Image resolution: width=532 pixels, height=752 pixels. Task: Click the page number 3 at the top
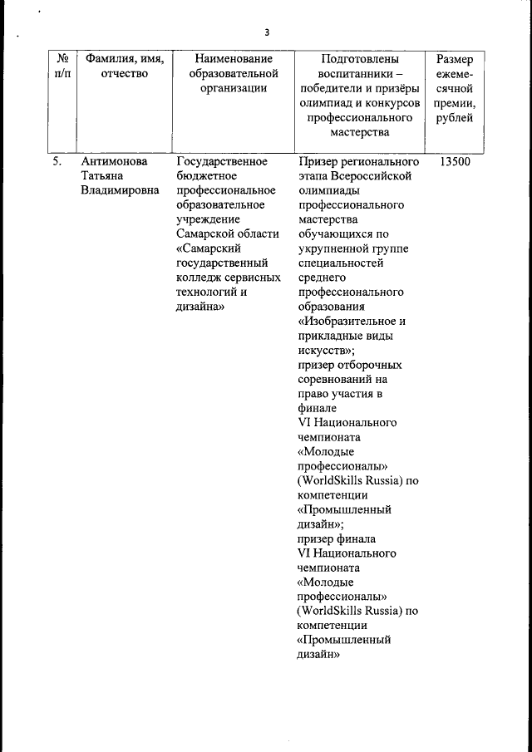[267, 32]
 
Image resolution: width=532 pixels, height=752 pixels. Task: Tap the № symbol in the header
[62, 59]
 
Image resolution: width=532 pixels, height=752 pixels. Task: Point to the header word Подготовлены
[359, 59]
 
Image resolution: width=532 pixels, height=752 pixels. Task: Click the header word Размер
[455, 59]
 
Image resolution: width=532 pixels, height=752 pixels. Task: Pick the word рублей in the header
[454, 118]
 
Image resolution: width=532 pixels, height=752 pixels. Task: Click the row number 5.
[57, 161]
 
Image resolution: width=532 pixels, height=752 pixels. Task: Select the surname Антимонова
[113, 161]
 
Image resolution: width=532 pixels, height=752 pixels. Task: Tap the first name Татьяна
[102, 176]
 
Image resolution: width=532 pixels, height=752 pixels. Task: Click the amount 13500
[454, 161]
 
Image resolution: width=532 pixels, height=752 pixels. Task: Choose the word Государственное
[222, 161]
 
